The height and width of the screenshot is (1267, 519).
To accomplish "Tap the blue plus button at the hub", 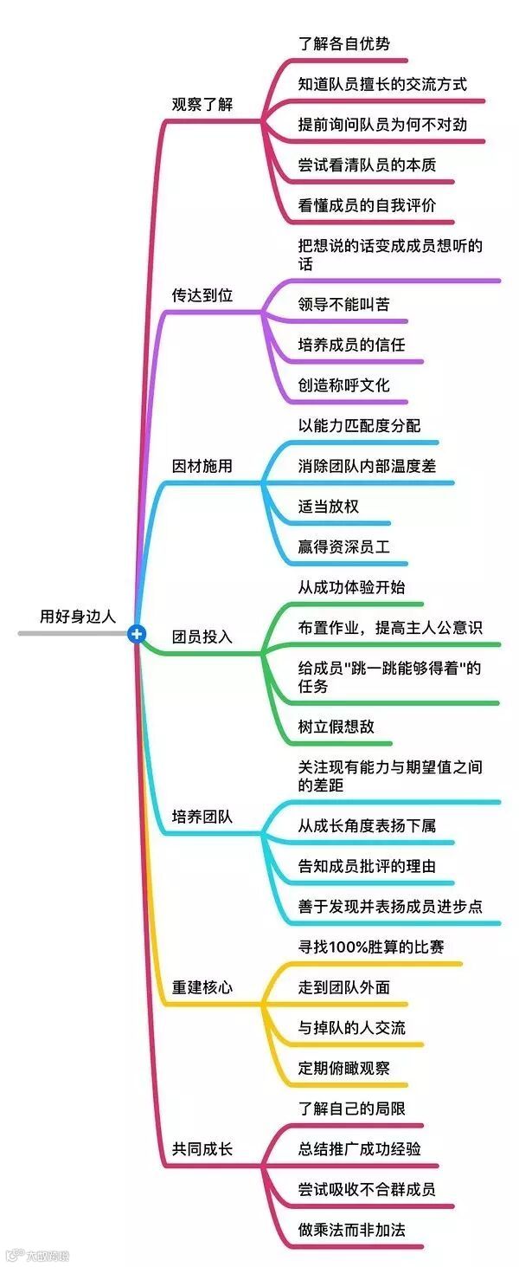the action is pos(136,634).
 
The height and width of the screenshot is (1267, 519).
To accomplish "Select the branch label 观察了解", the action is pos(202,105).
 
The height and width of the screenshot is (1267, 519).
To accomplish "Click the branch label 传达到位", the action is pos(202,295).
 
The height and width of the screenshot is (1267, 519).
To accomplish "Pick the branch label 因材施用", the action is pos(202,466).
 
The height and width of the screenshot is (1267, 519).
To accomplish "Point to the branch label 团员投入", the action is pos(202,637).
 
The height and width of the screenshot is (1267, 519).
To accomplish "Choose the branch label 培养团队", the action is pos(202,817).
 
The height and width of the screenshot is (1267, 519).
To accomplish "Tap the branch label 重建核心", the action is pos(202,987).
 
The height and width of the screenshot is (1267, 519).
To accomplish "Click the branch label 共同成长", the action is pos(202,1150).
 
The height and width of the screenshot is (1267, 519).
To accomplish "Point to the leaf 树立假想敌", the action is pos(336,727).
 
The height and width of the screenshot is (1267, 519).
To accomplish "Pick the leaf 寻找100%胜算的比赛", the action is pos(371,947).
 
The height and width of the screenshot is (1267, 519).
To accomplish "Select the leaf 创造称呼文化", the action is pos(343,385).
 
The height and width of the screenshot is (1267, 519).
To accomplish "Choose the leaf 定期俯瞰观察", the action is pos(343,1068).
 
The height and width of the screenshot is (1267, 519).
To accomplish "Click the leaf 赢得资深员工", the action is pos(343,547).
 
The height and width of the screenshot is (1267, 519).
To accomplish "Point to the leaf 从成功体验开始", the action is pos(351,587).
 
